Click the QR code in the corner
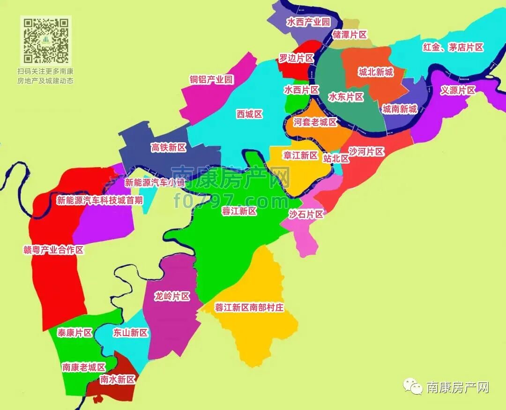click(46, 40)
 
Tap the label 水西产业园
click(308, 22)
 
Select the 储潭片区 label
click(349, 35)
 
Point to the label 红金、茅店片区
click(453, 47)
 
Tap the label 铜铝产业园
click(211, 80)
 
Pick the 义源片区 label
click(458, 90)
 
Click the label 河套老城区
click(315, 122)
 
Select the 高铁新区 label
click(168, 147)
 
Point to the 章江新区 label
click(300, 155)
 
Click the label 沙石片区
click(306, 214)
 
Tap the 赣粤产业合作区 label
click(53, 250)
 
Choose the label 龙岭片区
click(172, 296)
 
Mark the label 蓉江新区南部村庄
click(249, 307)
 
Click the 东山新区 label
click(130, 333)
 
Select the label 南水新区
click(118, 380)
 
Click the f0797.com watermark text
click(231, 201)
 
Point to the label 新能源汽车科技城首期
click(100, 200)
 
